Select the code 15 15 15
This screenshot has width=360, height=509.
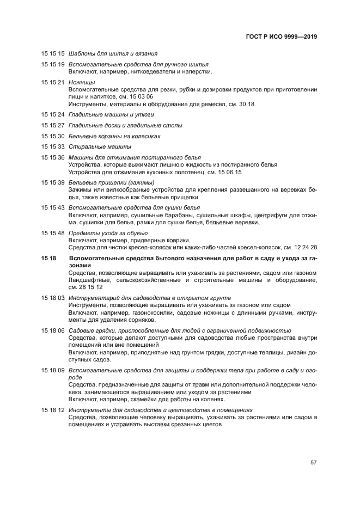[53, 54]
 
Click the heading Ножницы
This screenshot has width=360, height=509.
[80, 82]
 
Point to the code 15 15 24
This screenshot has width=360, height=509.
[53, 115]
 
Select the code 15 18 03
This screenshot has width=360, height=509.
[53, 298]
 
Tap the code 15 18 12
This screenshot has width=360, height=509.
[53, 409]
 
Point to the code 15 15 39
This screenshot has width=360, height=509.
[53, 182]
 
